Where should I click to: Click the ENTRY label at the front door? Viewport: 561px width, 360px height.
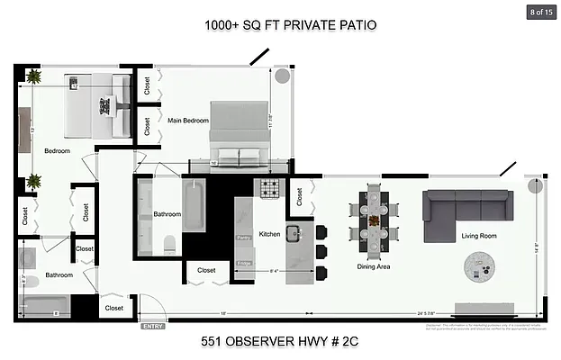coord(151,327)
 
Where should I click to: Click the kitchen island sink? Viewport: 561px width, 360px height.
coord(294,234)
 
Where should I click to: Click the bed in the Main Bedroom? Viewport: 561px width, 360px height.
coord(238,135)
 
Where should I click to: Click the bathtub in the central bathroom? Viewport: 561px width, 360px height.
coord(195,207)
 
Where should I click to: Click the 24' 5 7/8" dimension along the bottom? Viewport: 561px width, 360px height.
coord(404,314)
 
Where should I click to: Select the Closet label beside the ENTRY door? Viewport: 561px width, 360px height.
coord(114,308)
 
